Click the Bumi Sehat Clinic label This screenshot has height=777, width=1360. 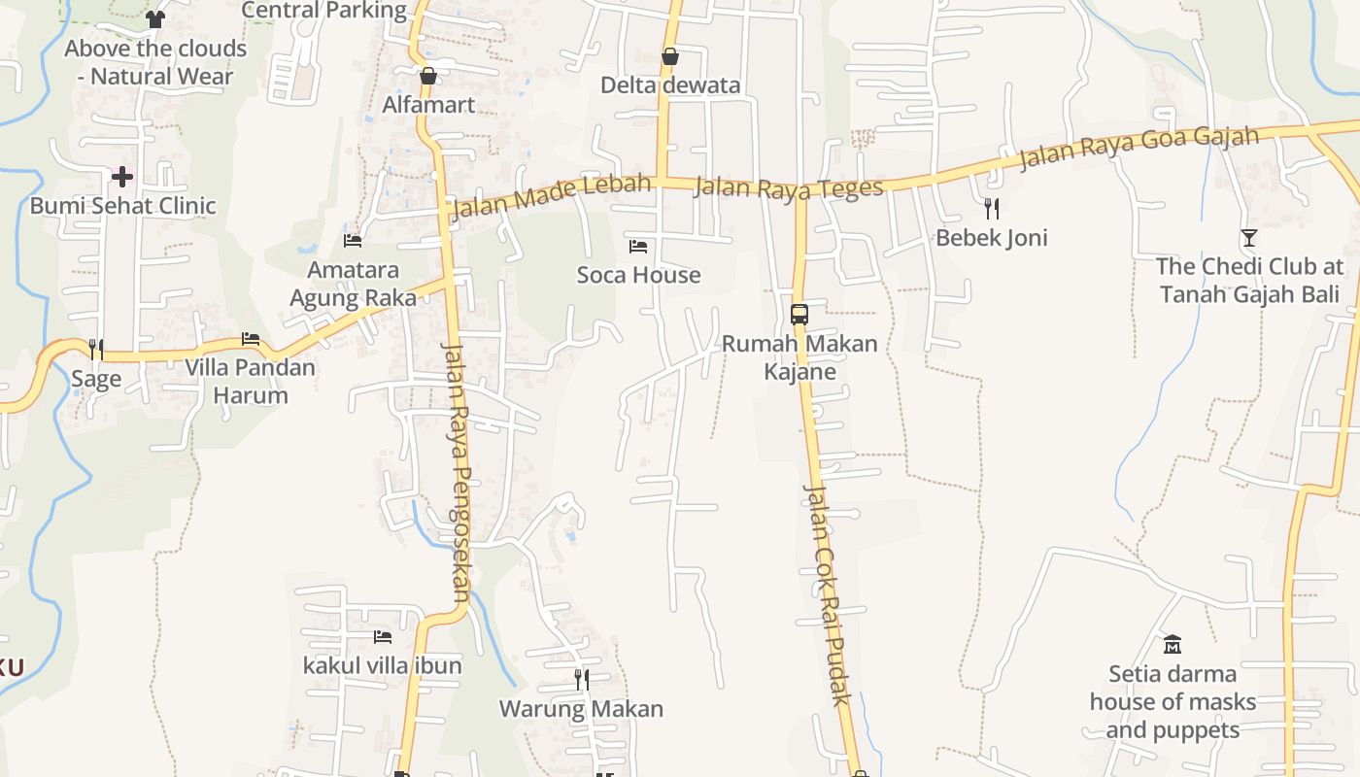[x=122, y=206]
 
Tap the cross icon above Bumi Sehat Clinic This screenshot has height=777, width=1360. [x=122, y=177]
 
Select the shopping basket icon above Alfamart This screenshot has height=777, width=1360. [x=428, y=76]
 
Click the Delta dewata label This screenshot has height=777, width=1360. [x=670, y=85]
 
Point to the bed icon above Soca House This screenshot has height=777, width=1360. [x=638, y=247]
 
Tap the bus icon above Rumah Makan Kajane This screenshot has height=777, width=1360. [x=799, y=315]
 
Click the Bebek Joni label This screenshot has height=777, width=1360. [x=992, y=238]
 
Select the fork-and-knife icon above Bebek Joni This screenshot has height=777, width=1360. [x=992, y=209]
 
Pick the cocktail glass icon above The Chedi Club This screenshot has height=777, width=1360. [x=1249, y=238]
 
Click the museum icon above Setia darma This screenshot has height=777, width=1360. [x=1173, y=645]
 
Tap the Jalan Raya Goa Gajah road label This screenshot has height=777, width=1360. [x=1139, y=149]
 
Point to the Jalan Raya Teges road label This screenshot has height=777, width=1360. [x=789, y=188]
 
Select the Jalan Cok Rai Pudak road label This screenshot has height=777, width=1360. [x=827, y=594]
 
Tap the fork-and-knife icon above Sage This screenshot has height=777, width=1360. [x=96, y=350]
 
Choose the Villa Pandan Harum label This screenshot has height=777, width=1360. [x=251, y=382]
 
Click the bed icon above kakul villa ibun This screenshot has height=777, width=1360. [x=383, y=637]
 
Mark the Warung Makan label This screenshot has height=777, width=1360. [x=581, y=709]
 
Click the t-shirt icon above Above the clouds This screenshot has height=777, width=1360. [x=155, y=18]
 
